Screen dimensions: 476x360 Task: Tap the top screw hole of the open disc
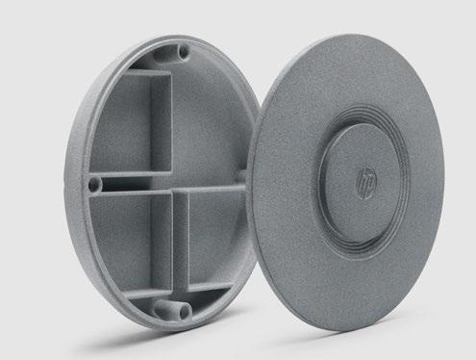(x=184, y=51)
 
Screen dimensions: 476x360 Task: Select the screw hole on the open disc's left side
(x=93, y=185)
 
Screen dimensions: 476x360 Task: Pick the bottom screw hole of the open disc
(x=185, y=311)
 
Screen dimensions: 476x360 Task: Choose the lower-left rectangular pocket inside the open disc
(x=123, y=244)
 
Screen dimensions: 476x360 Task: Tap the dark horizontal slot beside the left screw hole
(x=126, y=185)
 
